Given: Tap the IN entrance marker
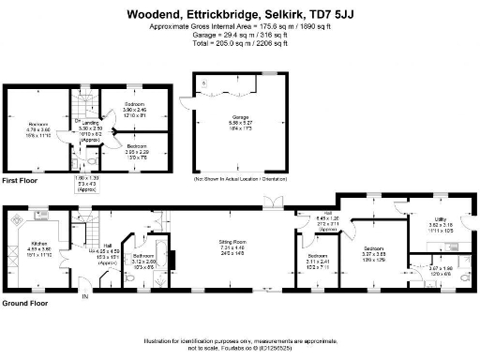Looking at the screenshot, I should pos(84,297).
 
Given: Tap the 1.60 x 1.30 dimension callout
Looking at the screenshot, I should pos(86,178).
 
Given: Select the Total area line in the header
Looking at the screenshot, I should pos(239,44).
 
